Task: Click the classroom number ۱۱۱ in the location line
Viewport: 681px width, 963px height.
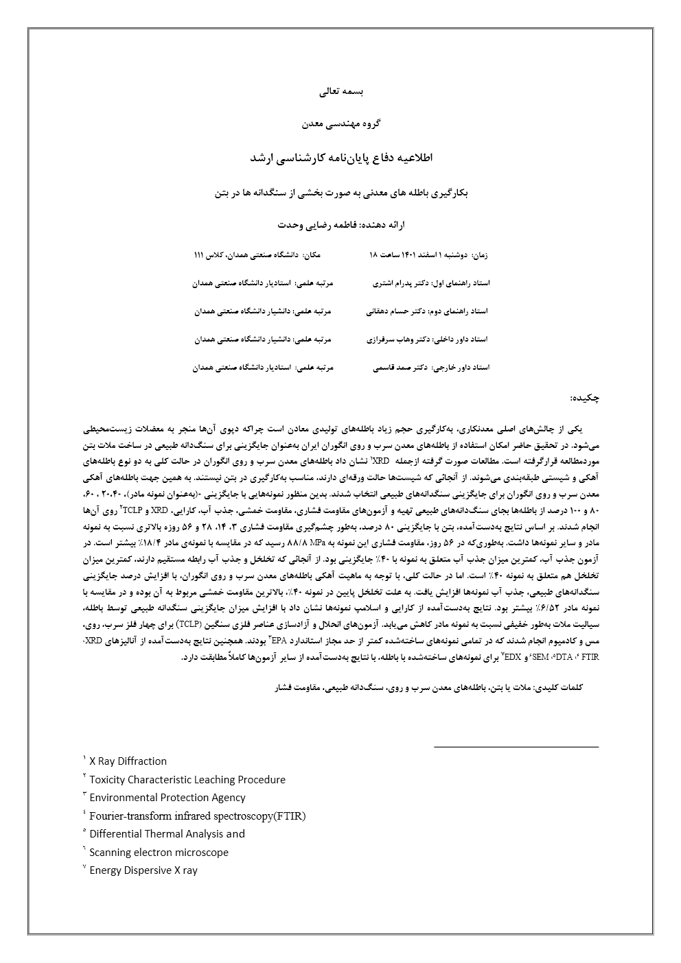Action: (x=200, y=254)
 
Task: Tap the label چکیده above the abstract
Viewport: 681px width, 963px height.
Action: (x=585, y=398)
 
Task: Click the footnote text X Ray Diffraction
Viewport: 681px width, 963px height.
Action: (x=128, y=761)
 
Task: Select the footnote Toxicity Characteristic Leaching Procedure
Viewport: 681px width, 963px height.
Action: (x=187, y=780)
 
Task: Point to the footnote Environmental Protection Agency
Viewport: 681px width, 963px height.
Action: (x=167, y=798)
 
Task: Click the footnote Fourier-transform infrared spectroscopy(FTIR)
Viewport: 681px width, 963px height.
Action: (x=197, y=816)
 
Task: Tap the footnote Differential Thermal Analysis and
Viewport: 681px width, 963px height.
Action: (x=167, y=834)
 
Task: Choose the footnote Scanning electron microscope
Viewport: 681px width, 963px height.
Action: (x=159, y=853)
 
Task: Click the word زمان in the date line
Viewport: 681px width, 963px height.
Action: (x=480, y=254)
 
